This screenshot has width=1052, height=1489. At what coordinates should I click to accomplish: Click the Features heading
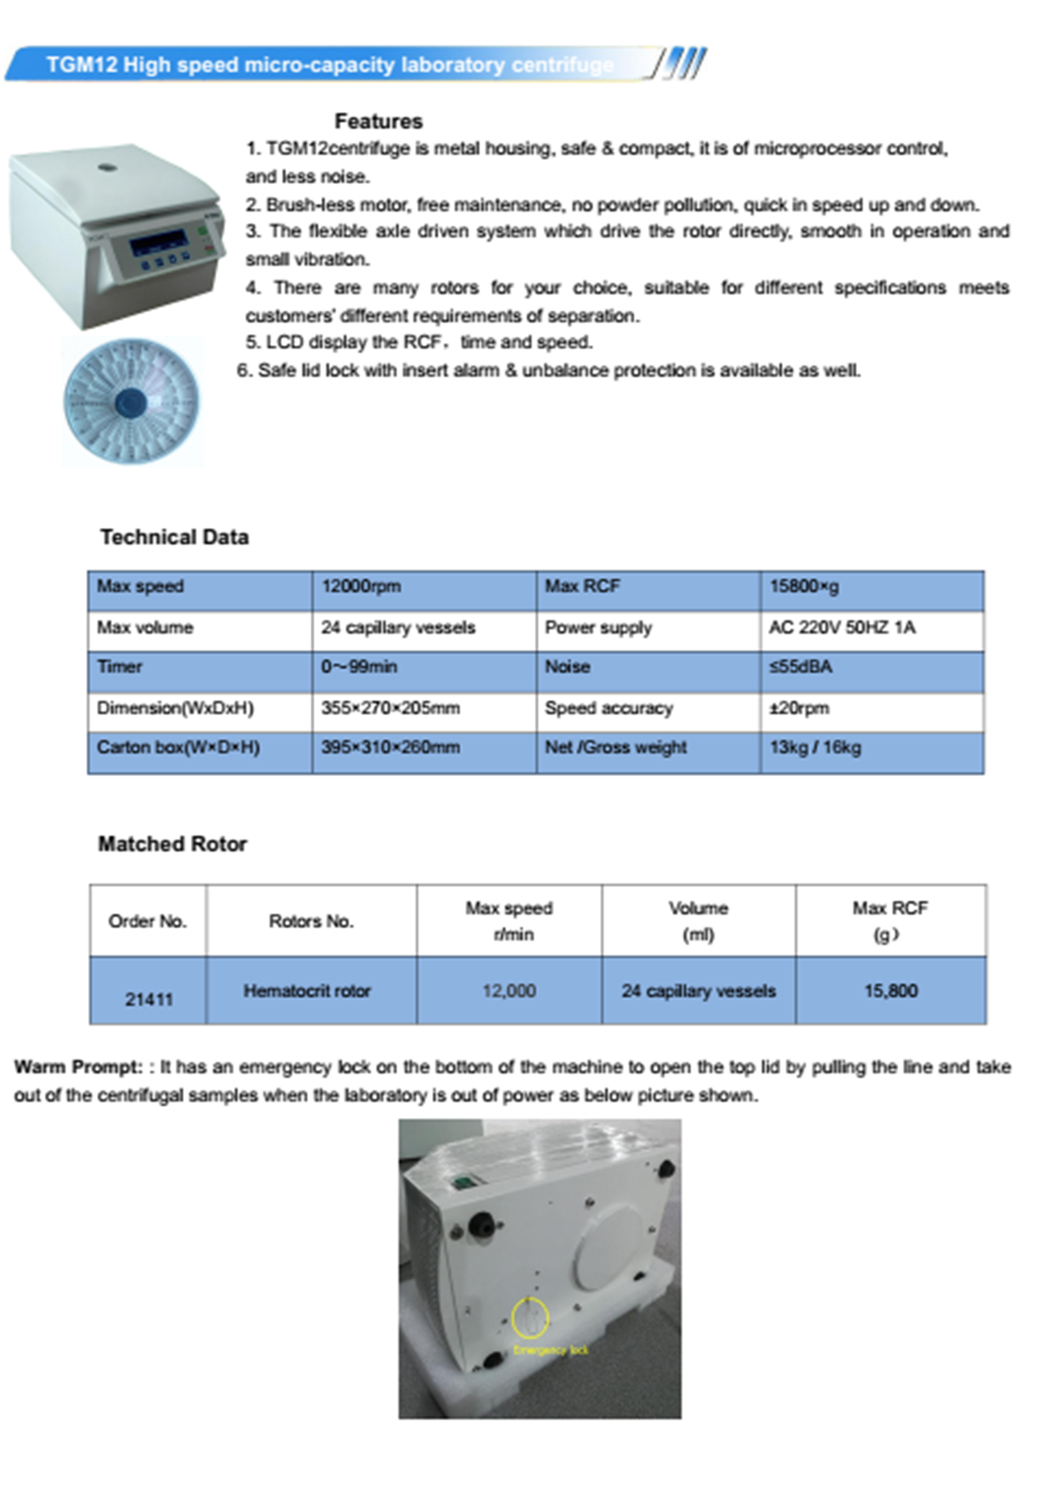[378, 121]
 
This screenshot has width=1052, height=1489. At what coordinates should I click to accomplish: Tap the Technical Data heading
[174, 537]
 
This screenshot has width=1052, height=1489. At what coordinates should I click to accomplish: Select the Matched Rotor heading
[172, 844]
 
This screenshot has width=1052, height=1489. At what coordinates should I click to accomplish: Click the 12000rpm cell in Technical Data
[361, 586]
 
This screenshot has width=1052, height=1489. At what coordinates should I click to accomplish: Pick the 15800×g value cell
[804, 586]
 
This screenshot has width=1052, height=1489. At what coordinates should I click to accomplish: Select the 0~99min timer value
[359, 667]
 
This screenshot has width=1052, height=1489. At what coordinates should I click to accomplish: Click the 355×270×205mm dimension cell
[390, 708]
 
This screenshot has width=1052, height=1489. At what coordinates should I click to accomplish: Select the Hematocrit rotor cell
[307, 991]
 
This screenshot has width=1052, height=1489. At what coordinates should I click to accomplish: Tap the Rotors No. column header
[311, 921]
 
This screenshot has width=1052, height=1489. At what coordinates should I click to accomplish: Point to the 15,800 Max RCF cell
[891, 991]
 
